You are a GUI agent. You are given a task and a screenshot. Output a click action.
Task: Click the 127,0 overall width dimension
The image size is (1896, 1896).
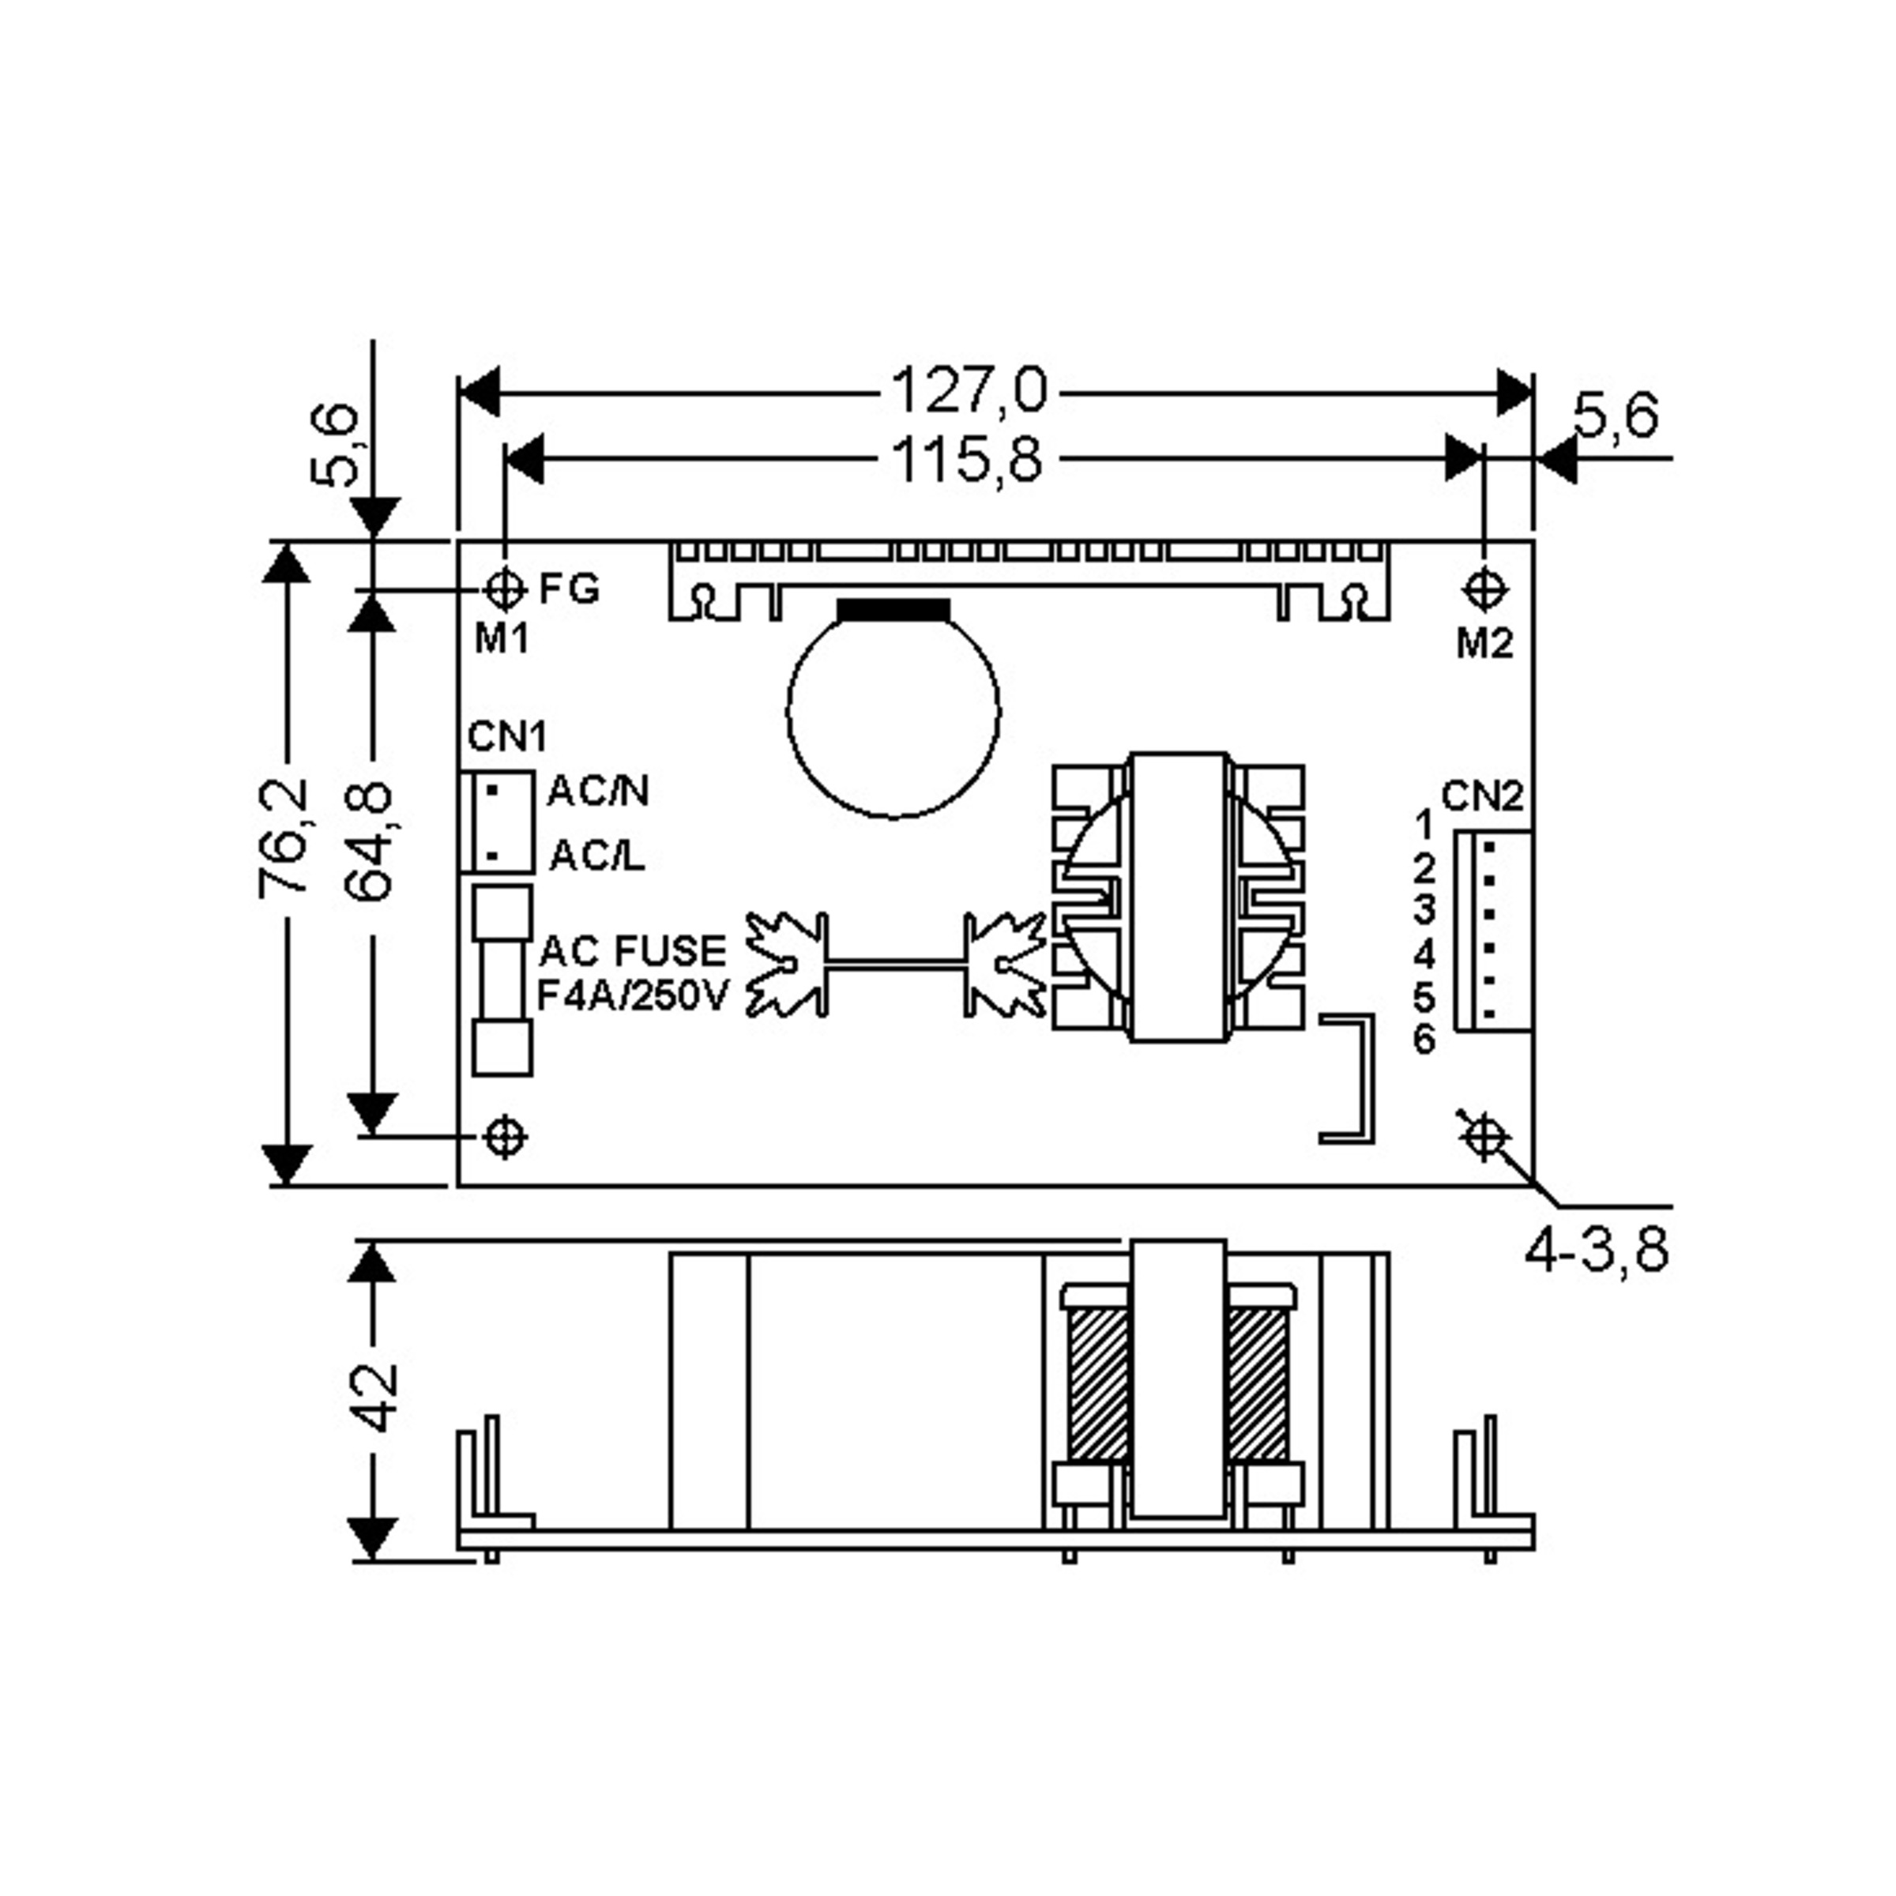pyautogui.click(x=969, y=389)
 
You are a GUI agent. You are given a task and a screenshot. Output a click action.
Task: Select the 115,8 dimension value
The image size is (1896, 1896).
pyautogui.click(x=968, y=459)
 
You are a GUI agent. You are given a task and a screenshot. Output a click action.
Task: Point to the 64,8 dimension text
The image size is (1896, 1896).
pyautogui.click(x=370, y=842)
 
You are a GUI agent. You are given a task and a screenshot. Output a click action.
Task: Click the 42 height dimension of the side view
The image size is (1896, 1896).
pyautogui.click(x=375, y=1398)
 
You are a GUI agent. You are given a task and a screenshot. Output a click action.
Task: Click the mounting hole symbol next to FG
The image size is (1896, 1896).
pyautogui.click(x=506, y=589)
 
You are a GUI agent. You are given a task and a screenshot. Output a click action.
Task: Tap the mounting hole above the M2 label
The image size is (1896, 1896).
pyautogui.click(x=1484, y=589)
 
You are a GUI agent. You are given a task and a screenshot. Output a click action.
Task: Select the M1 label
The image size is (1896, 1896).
pyautogui.click(x=502, y=640)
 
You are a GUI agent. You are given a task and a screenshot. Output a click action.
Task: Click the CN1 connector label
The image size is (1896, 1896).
pyautogui.click(x=507, y=736)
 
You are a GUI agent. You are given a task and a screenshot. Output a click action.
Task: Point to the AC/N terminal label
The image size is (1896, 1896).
pyautogui.click(x=598, y=790)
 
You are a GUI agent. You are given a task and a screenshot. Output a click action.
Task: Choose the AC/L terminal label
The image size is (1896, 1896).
pyautogui.click(x=596, y=856)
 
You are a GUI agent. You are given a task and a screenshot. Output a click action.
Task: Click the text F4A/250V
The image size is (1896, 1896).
pyautogui.click(x=633, y=996)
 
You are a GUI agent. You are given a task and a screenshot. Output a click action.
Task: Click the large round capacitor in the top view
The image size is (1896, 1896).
pyautogui.click(x=893, y=708)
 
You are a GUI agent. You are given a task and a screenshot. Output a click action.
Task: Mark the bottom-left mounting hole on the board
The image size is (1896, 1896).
pyautogui.click(x=506, y=1138)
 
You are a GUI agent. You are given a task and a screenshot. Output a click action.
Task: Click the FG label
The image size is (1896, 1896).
pyautogui.click(x=569, y=589)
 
